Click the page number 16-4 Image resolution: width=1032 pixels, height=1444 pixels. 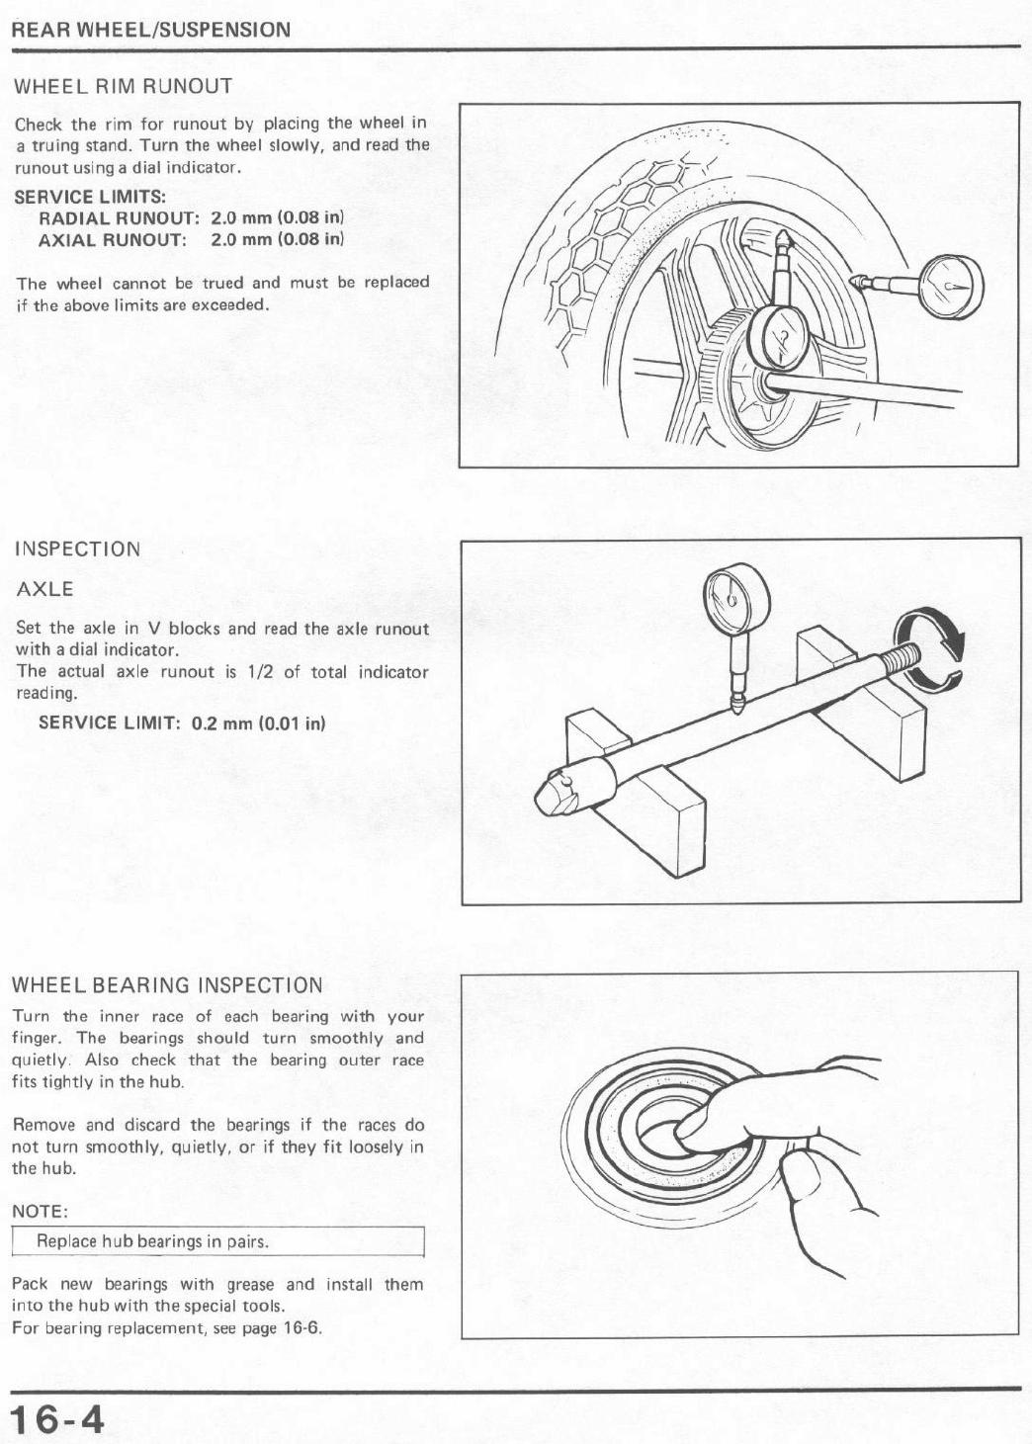(x=57, y=1419)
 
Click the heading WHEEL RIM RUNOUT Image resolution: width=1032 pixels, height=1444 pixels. (x=124, y=86)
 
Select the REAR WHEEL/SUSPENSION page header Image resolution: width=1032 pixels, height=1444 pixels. (x=151, y=30)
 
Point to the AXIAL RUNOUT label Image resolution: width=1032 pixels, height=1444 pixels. (x=112, y=239)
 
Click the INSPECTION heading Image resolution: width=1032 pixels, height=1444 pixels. (x=78, y=550)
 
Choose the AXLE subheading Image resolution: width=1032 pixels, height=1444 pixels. (x=45, y=589)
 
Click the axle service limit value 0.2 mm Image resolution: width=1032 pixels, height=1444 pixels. (x=222, y=722)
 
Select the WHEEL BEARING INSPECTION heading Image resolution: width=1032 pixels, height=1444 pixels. (x=167, y=985)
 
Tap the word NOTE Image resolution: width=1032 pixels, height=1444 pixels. (x=40, y=1212)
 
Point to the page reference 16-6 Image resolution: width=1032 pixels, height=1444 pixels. (x=301, y=1327)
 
